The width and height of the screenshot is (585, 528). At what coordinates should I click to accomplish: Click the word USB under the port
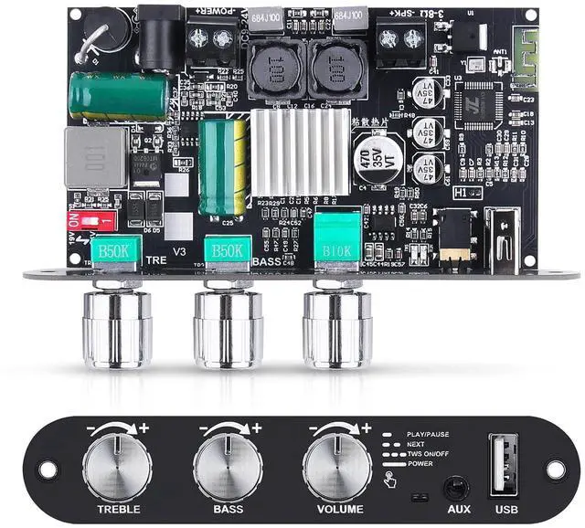click(507, 509)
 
